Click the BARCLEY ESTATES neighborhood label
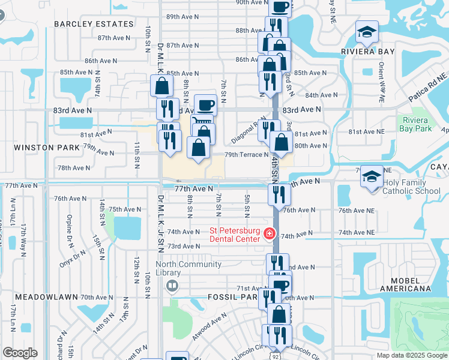coord(94,24)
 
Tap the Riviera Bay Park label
coord(415,124)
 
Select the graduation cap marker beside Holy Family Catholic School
coord(372,176)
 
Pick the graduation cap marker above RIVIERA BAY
coord(367,31)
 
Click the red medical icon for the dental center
coord(270,233)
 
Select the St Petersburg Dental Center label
coord(234,235)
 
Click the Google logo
coord(19,353)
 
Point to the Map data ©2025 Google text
coord(411,355)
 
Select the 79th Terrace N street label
coord(246,155)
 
